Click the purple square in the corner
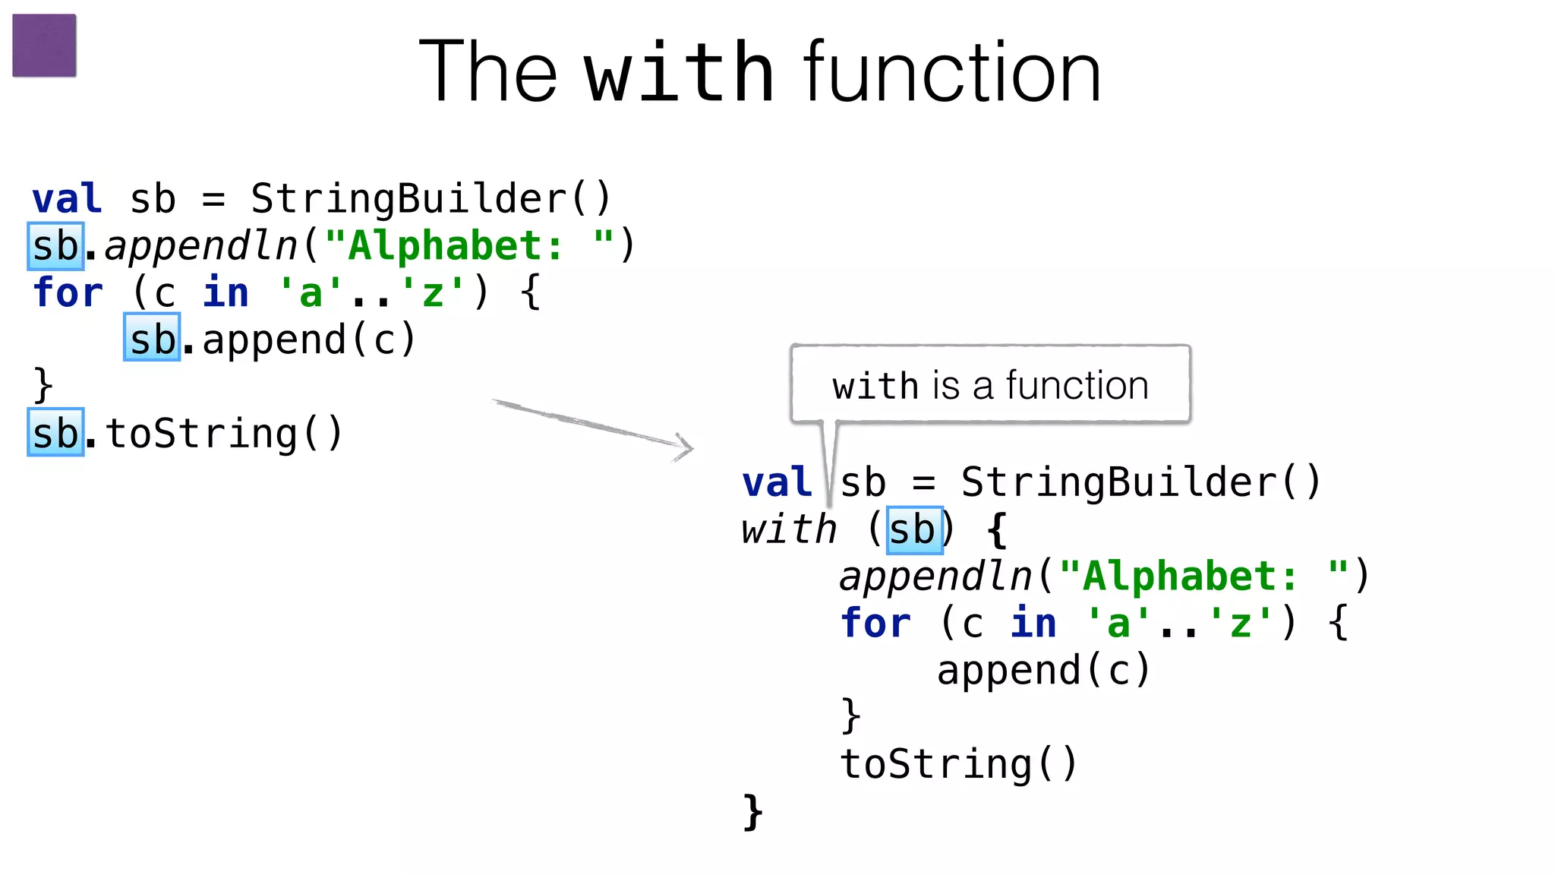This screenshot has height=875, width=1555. pos(44,46)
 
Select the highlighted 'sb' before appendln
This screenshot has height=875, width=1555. pos(55,246)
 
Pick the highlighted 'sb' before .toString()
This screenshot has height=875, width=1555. pos(55,433)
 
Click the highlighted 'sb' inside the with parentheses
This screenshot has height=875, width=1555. pos(914,529)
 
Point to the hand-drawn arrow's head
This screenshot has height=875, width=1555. pos(685,447)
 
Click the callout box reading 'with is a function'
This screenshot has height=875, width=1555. pos(989,384)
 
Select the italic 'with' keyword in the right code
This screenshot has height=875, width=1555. pos(789,529)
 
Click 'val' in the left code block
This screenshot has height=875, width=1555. pos(67,199)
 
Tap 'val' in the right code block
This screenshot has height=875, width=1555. pos(777,483)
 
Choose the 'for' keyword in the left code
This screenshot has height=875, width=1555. pos(68,292)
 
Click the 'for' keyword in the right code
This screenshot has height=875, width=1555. pos(875,624)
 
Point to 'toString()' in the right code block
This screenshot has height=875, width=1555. pos(958,763)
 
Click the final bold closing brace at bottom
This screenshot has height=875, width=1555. pos(752,811)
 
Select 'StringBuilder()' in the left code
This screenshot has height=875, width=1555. pos(431,199)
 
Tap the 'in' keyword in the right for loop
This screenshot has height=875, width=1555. pos(1033,624)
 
